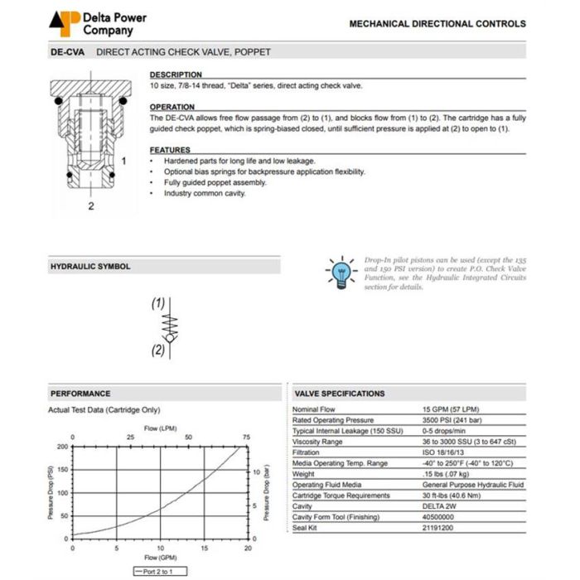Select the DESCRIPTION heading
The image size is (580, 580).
[x=175, y=75]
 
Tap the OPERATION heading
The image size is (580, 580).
[x=172, y=107]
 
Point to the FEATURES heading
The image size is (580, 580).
[x=170, y=150]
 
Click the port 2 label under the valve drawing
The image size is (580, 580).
[x=91, y=206]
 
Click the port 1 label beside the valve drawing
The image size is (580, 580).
[x=123, y=160]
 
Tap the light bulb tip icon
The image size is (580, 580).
[x=340, y=271]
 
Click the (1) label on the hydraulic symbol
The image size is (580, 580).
[x=157, y=304]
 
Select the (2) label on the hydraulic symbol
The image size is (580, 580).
[x=157, y=350]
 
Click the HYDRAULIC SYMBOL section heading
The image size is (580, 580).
[x=90, y=267]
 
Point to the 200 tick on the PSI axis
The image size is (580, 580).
[x=63, y=447]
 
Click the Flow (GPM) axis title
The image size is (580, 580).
[x=160, y=558]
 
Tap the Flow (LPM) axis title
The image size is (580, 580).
[x=161, y=428]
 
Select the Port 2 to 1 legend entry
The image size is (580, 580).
[x=160, y=572]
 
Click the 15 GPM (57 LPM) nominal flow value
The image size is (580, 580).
[x=451, y=409]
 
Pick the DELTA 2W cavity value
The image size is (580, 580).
[x=439, y=506]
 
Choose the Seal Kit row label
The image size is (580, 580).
[x=306, y=528]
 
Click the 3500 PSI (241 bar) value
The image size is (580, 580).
[x=455, y=420]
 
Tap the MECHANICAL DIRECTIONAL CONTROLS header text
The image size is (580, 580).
[x=437, y=23]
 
